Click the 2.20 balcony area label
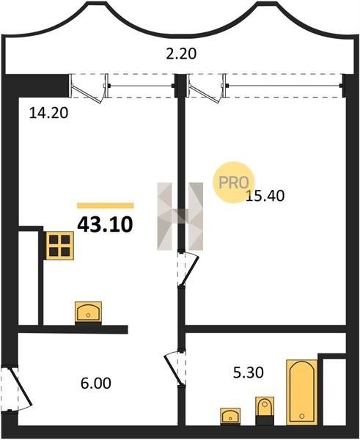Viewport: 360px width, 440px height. click(181, 54)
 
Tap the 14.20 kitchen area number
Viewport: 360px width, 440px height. click(48, 113)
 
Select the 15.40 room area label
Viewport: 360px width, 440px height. click(265, 196)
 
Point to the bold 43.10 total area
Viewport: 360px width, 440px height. click(105, 225)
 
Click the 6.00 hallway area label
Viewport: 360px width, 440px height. click(95, 383)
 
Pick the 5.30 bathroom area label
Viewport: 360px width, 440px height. click(249, 373)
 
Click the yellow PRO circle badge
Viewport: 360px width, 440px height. click(233, 182)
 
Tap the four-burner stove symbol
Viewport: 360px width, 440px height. click(59, 246)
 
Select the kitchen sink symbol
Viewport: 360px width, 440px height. click(88, 312)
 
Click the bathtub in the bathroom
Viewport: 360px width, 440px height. click(301, 392)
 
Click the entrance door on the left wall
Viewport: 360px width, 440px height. click(16, 389)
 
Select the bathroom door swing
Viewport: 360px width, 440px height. click(175, 367)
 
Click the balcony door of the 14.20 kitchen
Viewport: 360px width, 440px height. click(88, 89)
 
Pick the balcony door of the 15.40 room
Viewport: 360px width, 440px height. click(206, 89)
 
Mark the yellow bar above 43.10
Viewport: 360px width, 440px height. click(106, 205)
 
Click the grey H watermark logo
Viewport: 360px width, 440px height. click(180, 216)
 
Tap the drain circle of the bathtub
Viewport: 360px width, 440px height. click(301, 416)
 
